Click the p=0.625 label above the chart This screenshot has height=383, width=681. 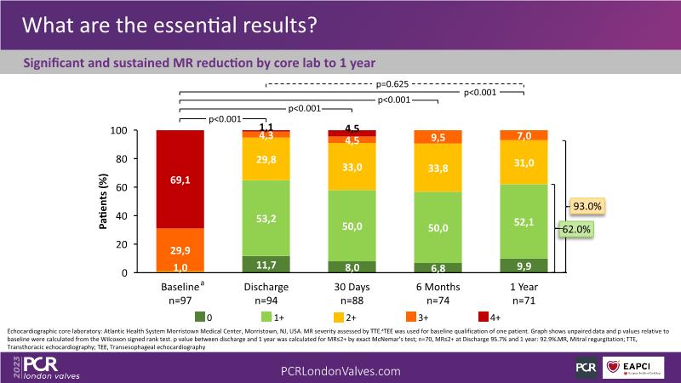pyautogui.click(x=395, y=84)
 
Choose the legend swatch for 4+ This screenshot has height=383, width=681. pyautogui.click(x=464, y=317)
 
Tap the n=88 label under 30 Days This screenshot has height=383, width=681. pyautogui.click(x=352, y=300)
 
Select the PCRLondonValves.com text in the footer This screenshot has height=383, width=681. pyautogui.click(x=340, y=371)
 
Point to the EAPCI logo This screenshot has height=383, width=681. pyautogui.click(x=632, y=368)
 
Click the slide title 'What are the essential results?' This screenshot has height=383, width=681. pyautogui.click(x=170, y=25)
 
